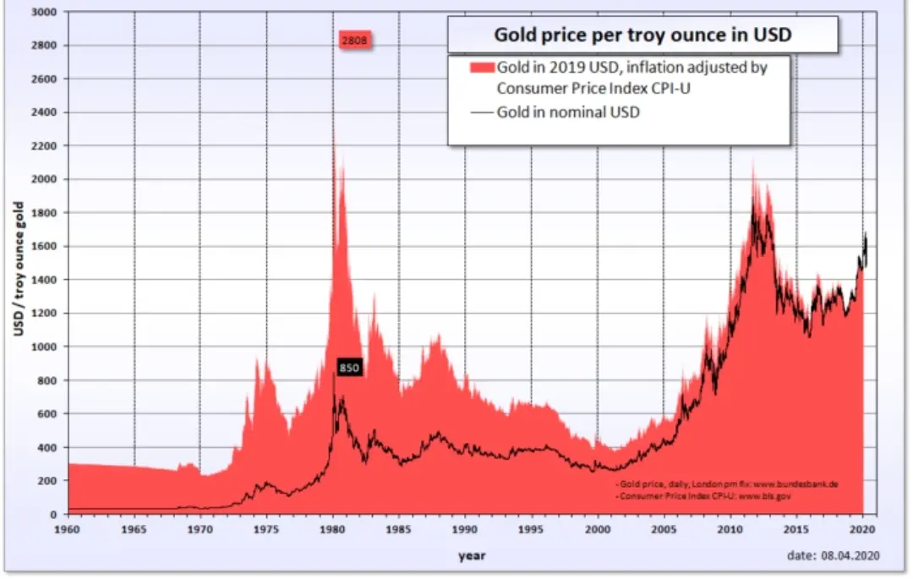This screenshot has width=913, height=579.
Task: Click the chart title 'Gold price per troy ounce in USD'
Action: (x=642, y=36)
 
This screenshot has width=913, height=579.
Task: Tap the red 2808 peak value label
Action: (x=355, y=40)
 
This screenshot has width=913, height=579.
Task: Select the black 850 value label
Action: (x=349, y=368)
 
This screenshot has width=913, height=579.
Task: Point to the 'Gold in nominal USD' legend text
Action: (x=567, y=112)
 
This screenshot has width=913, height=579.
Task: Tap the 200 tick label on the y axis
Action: (x=50, y=481)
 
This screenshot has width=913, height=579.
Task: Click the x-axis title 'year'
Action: (x=472, y=555)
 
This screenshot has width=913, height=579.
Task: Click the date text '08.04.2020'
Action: (x=853, y=555)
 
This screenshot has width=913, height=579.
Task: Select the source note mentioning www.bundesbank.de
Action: (x=727, y=484)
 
